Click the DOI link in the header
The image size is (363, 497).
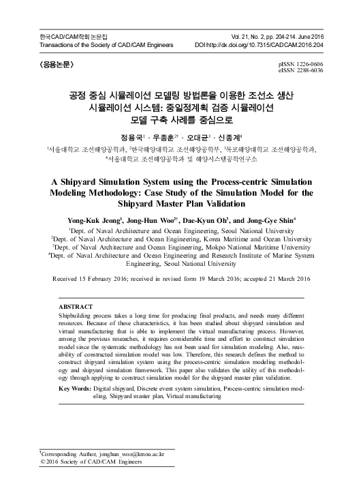point(270,45)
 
